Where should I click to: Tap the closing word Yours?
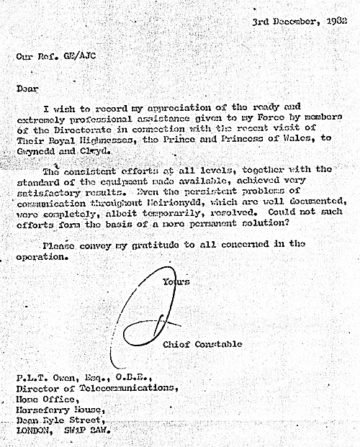click(x=176, y=282)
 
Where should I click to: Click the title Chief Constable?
click(x=203, y=344)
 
